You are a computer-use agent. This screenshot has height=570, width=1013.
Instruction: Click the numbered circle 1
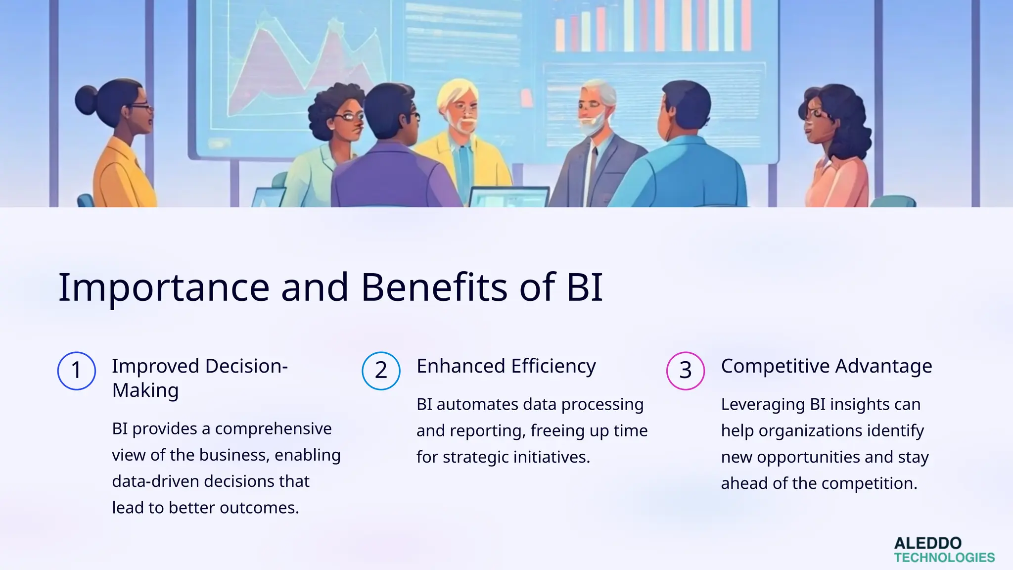coord(76,371)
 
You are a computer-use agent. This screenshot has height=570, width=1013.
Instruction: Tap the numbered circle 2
coord(381,371)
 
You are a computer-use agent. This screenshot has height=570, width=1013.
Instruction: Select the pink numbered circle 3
coord(685,371)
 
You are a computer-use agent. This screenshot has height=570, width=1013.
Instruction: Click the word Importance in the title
coord(164,287)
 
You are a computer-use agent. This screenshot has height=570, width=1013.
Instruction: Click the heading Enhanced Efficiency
coord(506,366)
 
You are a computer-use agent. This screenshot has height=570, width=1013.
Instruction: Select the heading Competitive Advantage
coord(826,366)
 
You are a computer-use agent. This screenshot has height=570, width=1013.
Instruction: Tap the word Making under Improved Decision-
coord(145,390)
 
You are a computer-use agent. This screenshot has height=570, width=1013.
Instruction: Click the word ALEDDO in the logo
coord(927,543)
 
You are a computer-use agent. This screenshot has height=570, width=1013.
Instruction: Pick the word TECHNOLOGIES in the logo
coord(944,558)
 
